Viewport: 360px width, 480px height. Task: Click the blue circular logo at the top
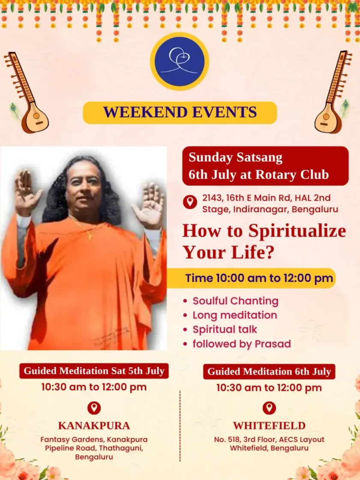click(180, 61)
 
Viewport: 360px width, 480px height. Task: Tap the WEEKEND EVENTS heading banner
click(180, 112)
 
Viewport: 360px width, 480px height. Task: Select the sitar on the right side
click(333, 92)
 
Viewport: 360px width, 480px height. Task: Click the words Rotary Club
click(292, 174)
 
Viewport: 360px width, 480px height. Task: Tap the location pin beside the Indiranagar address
click(190, 202)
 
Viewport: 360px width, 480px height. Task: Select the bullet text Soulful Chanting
click(235, 301)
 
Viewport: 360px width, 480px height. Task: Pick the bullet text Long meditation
click(235, 315)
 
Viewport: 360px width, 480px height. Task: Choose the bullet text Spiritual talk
click(225, 330)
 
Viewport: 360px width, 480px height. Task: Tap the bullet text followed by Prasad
click(242, 344)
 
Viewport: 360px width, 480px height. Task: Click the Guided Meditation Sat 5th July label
click(94, 371)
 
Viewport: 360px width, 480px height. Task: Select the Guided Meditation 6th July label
click(269, 371)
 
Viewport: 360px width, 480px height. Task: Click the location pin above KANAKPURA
click(94, 408)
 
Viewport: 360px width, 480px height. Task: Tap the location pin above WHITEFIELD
click(269, 408)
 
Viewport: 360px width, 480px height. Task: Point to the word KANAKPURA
click(94, 426)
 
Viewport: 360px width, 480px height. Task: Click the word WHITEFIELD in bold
click(269, 426)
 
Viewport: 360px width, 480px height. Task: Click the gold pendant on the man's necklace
click(90, 235)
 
